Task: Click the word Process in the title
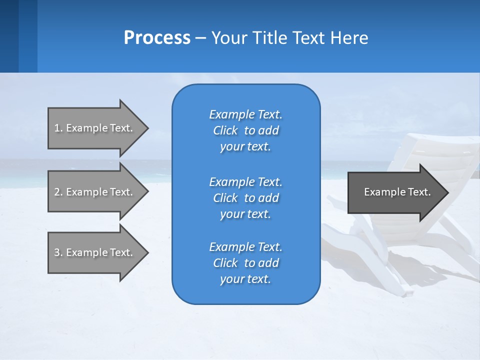[x=157, y=38]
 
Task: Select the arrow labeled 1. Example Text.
[x=95, y=128]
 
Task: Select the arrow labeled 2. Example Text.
[x=95, y=192]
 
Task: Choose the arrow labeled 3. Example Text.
[x=95, y=252]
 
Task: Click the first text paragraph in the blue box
[x=245, y=130]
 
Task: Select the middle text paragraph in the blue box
[x=245, y=198]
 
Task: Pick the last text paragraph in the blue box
[x=245, y=263]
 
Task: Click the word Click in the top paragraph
[x=225, y=130]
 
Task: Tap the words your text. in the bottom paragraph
[x=245, y=279]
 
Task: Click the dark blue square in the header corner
[x=9, y=36]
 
